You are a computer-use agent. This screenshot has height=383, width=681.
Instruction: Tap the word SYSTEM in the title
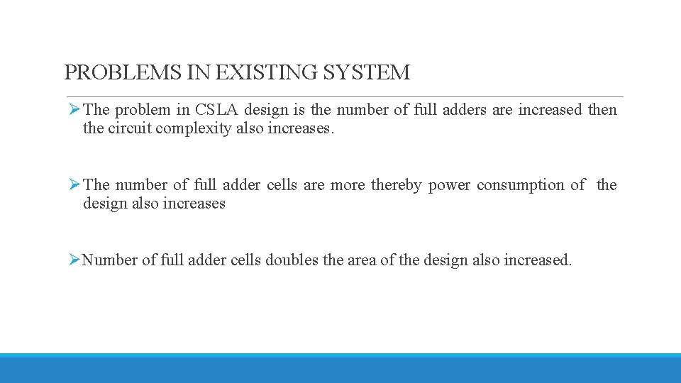pos(367,72)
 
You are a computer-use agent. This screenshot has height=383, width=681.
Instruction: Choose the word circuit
pos(132,128)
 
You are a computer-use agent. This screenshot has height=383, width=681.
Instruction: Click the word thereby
pos(396,185)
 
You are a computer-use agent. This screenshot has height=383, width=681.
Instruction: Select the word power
pos(449,185)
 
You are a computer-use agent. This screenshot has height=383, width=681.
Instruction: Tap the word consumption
pos(521,185)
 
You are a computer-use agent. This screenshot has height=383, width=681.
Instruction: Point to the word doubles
pos(292,260)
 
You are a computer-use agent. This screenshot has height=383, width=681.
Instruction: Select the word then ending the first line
pos(602,110)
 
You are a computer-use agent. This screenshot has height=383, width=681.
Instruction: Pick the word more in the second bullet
pos(348,185)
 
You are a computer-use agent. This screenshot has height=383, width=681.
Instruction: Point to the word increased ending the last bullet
pos(537,260)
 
